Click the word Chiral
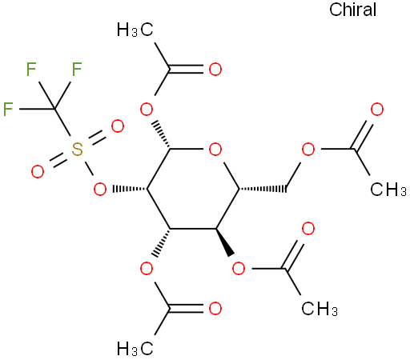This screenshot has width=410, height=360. coord(352,10)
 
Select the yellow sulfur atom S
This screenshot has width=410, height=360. coord(77,150)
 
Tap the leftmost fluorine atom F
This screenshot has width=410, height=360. coord(8,109)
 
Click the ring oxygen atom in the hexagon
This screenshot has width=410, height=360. coord(215,149)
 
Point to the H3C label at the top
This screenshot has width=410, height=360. coord(135,30)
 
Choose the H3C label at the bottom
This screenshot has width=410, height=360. coord(135,348)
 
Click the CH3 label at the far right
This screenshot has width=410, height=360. coord(388,189)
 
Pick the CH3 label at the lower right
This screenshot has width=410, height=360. coord(320,309)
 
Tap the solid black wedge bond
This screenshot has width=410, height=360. coord(225,242)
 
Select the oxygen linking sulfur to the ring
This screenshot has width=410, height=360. coord(100,189)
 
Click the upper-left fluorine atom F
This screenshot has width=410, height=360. coord(31,69)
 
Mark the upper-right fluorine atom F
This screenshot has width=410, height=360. coord(77,69)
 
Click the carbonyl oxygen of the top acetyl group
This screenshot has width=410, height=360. coord(215,70)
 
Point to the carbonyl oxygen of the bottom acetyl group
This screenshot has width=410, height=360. coord(215,309)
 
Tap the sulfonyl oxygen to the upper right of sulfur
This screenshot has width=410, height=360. coord(118,126)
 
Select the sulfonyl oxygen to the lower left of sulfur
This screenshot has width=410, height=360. coord(38,172)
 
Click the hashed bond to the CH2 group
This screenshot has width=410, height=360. coord(263,189)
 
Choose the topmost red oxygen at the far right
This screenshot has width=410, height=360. coord(377,109)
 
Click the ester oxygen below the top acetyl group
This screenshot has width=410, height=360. coord(147,109)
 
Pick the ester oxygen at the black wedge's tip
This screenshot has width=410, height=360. coord(239,268)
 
